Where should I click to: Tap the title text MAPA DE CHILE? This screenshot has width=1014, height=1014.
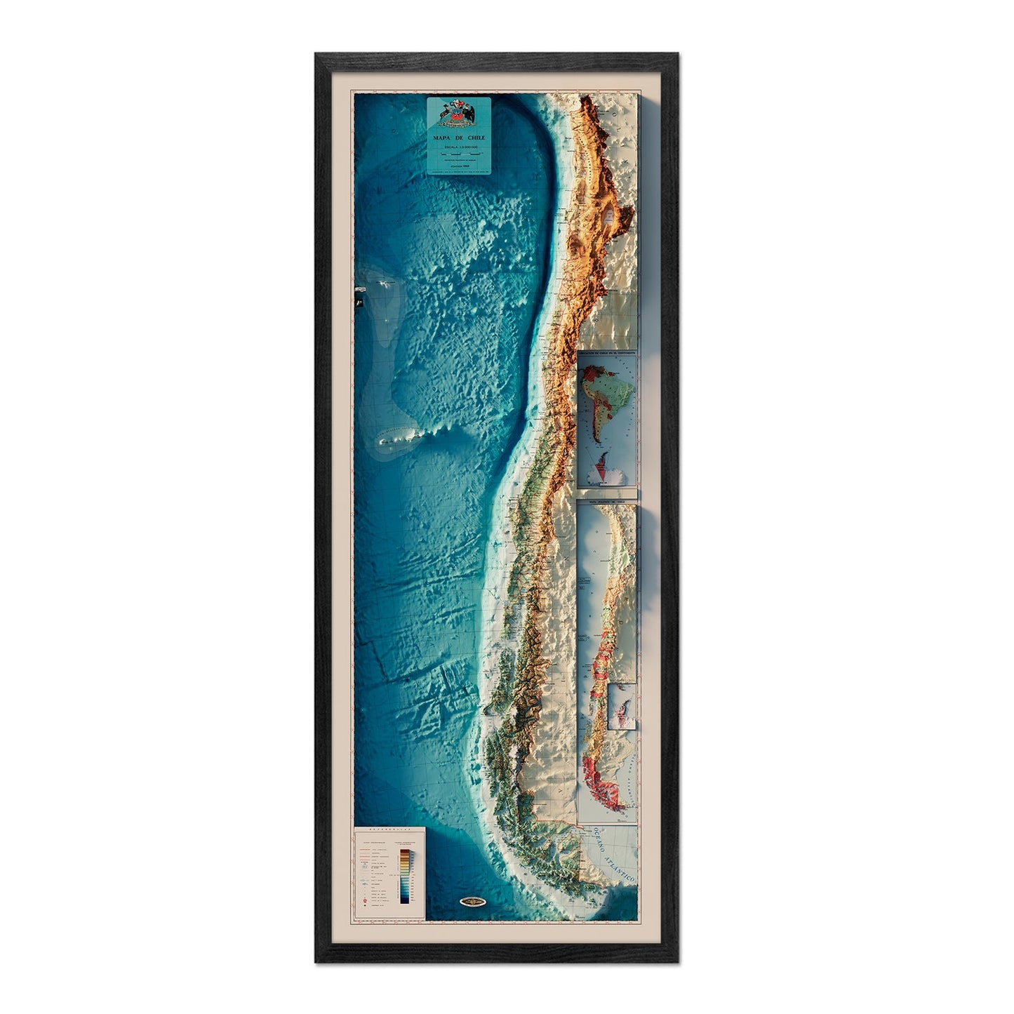coord(460,138)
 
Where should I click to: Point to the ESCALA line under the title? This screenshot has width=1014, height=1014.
coord(460,147)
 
